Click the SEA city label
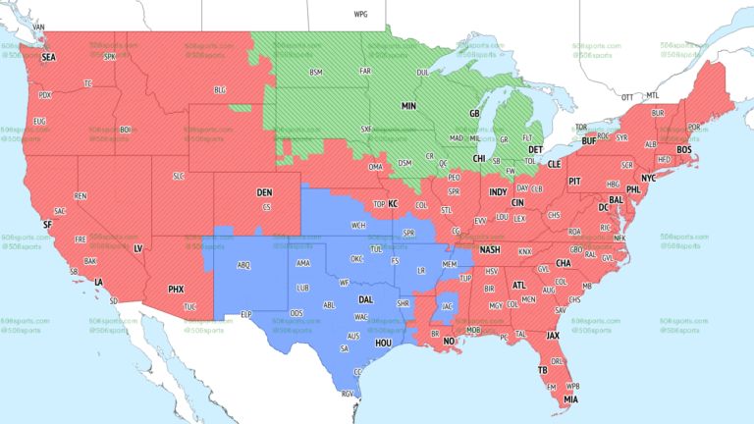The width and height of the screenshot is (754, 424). [x=48, y=58]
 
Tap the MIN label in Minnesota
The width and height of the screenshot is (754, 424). [x=408, y=105]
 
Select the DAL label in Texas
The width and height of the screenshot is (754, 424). [x=365, y=299]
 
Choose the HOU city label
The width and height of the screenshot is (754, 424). [x=383, y=343]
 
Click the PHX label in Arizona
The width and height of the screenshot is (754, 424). [x=176, y=289]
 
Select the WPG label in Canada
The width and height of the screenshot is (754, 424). [x=360, y=15]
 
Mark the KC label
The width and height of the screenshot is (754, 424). [x=393, y=204]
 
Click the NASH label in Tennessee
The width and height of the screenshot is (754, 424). [x=490, y=249]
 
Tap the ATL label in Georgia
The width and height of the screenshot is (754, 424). [x=517, y=285]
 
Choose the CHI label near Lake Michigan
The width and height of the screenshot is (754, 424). [x=479, y=158]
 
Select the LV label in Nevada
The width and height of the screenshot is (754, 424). [x=137, y=248]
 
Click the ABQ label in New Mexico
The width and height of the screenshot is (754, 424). [x=243, y=265]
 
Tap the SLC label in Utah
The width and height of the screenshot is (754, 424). [x=178, y=175]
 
